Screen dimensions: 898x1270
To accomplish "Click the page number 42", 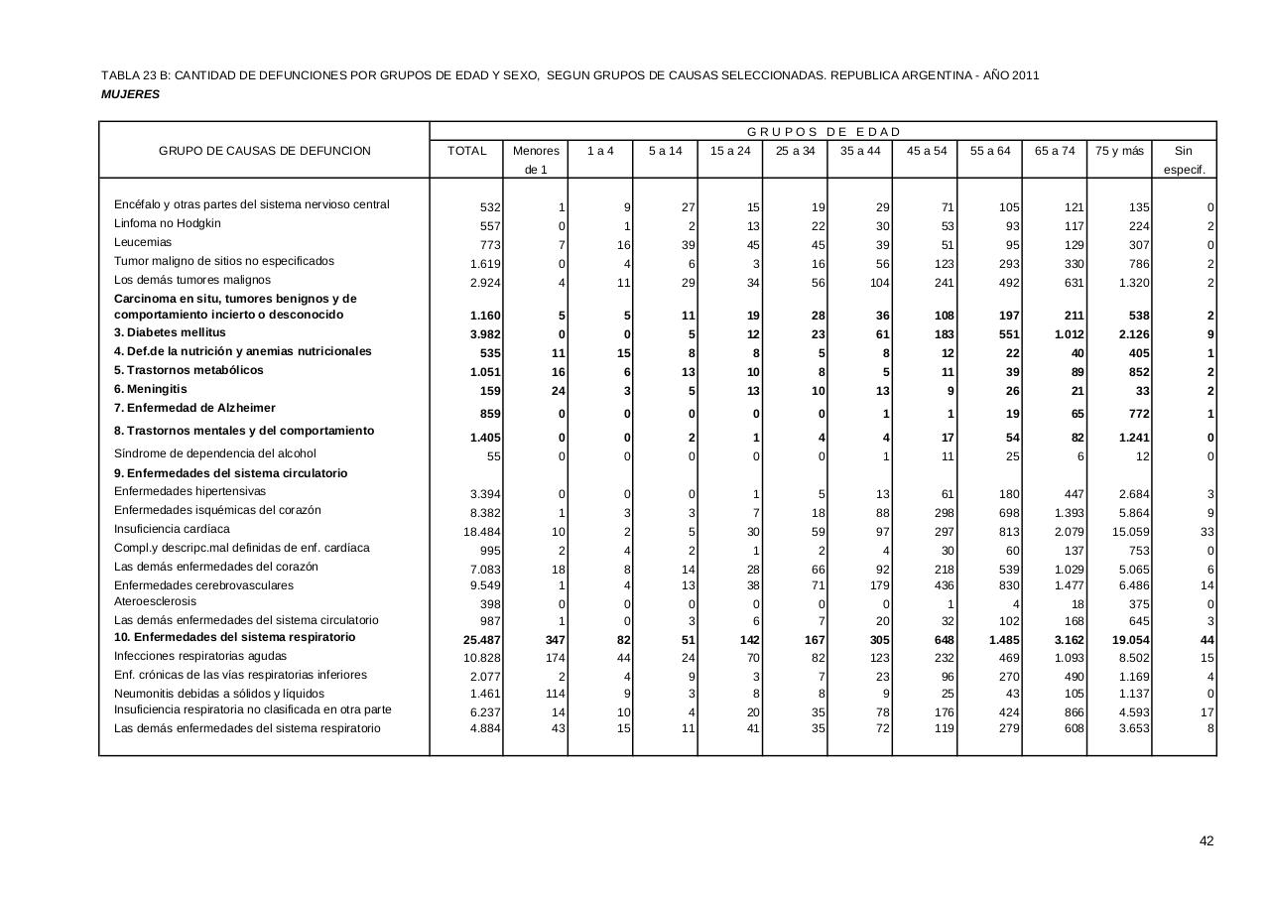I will [x=1206, y=841].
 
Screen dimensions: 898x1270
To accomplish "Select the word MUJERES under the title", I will [x=130, y=94].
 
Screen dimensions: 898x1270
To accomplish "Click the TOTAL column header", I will [x=467, y=151].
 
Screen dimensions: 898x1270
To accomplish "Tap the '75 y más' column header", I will [x=1119, y=151].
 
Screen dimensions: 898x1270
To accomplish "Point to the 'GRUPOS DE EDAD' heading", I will [x=824, y=132].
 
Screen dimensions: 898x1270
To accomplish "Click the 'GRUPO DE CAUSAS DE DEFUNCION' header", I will [x=265, y=151].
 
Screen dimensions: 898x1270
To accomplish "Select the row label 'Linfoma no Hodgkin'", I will [x=168, y=223].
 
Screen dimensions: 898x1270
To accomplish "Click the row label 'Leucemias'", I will [x=143, y=242].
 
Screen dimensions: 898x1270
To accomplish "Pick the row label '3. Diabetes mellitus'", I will [x=170, y=332].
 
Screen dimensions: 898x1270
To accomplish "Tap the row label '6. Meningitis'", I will [x=150, y=389].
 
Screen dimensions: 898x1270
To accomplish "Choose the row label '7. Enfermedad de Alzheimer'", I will [x=194, y=408].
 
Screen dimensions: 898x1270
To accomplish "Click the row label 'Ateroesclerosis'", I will [x=155, y=601].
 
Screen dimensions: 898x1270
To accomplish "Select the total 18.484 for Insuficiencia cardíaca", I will [x=483, y=532].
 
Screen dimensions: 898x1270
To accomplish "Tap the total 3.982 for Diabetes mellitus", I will [x=485, y=334].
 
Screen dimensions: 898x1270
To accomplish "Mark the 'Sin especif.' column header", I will [x=1183, y=160].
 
